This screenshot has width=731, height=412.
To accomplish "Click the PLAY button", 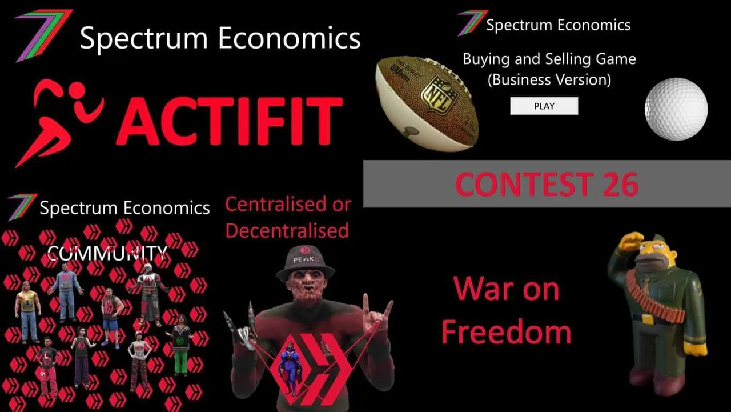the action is tap(544, 106).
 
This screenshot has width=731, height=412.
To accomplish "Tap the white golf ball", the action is tap(676, 109).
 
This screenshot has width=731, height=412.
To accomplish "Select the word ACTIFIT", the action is tap(230, 121).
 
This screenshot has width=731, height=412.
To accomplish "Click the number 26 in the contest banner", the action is tap(620, 185).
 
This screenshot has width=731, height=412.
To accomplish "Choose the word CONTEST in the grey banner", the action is tap(524, 185).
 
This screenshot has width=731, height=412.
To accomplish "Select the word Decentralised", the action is tap(287, 230).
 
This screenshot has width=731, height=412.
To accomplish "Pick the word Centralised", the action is tap(276, 205).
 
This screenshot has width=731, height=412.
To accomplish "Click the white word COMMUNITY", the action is tap(107, 253).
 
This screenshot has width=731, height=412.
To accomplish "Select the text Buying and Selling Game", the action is tap(549, 59).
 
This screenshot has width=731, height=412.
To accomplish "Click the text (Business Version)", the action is tap(549, 79).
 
